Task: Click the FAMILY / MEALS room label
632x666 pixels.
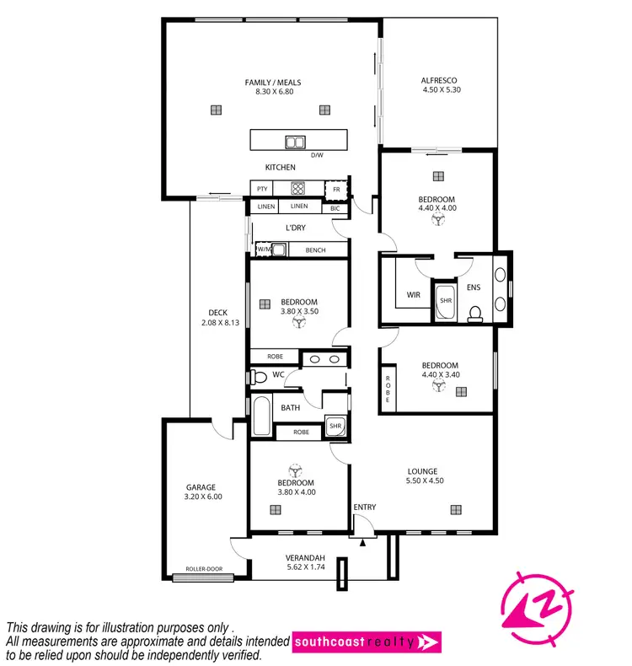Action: point(272,83)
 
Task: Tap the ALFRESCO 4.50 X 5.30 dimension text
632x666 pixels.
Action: point(441,89)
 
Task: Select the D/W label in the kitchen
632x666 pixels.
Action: point(317,155)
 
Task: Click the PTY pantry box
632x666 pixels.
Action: point(262,189)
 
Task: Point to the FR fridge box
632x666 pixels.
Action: point(336,189)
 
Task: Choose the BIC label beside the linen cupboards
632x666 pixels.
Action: point(335,207)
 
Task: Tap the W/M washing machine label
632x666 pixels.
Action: point(263,250)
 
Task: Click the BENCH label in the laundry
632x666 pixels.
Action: point(315,250)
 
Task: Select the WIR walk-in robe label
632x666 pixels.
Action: point(413,295)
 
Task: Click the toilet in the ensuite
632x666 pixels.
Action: point(474,314)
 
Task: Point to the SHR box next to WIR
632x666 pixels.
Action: point(445,300)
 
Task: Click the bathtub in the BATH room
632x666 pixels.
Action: point(262,416)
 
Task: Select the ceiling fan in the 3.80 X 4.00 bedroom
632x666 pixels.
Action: point(296,470)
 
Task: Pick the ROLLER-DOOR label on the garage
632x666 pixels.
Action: point(202,578)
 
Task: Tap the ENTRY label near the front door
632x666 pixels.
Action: point(365,507)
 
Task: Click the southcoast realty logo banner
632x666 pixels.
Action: point(367,643)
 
